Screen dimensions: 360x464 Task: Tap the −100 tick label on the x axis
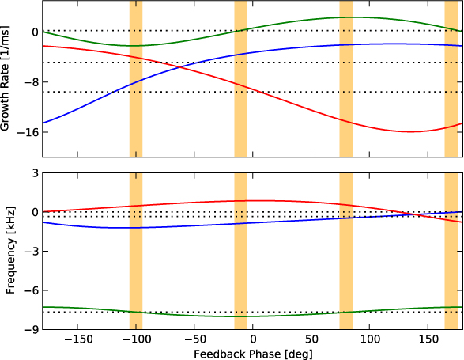point(135,335)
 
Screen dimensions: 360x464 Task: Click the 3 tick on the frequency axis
point(34,172)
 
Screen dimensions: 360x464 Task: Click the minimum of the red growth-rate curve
point(410,131)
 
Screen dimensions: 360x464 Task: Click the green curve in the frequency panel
point(253,316)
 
